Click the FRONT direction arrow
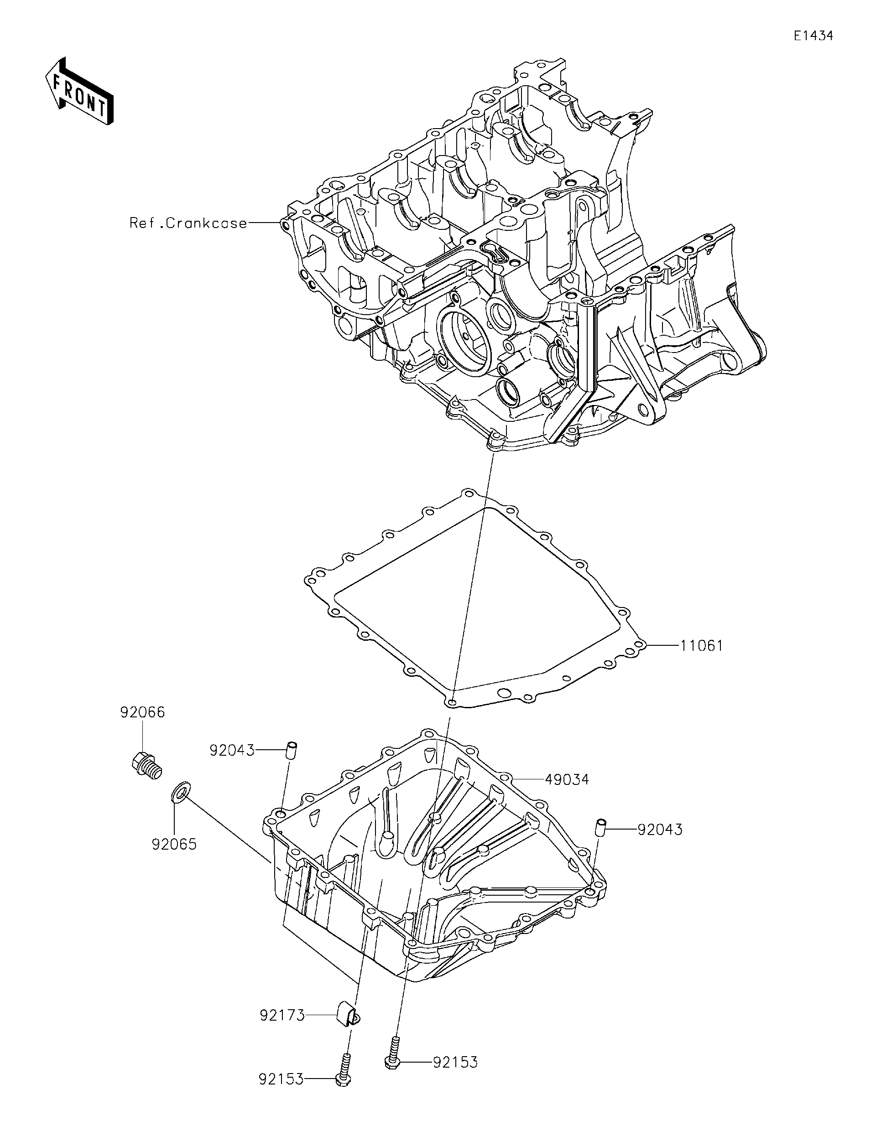pos(79,91)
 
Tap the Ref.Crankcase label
pos(188,223)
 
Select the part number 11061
pos(701,646)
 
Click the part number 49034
pos(567,794)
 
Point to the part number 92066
pos(142,712)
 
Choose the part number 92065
pos(174,845)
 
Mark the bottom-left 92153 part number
pos(282,1094)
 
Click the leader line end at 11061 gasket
pos(642,645)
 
